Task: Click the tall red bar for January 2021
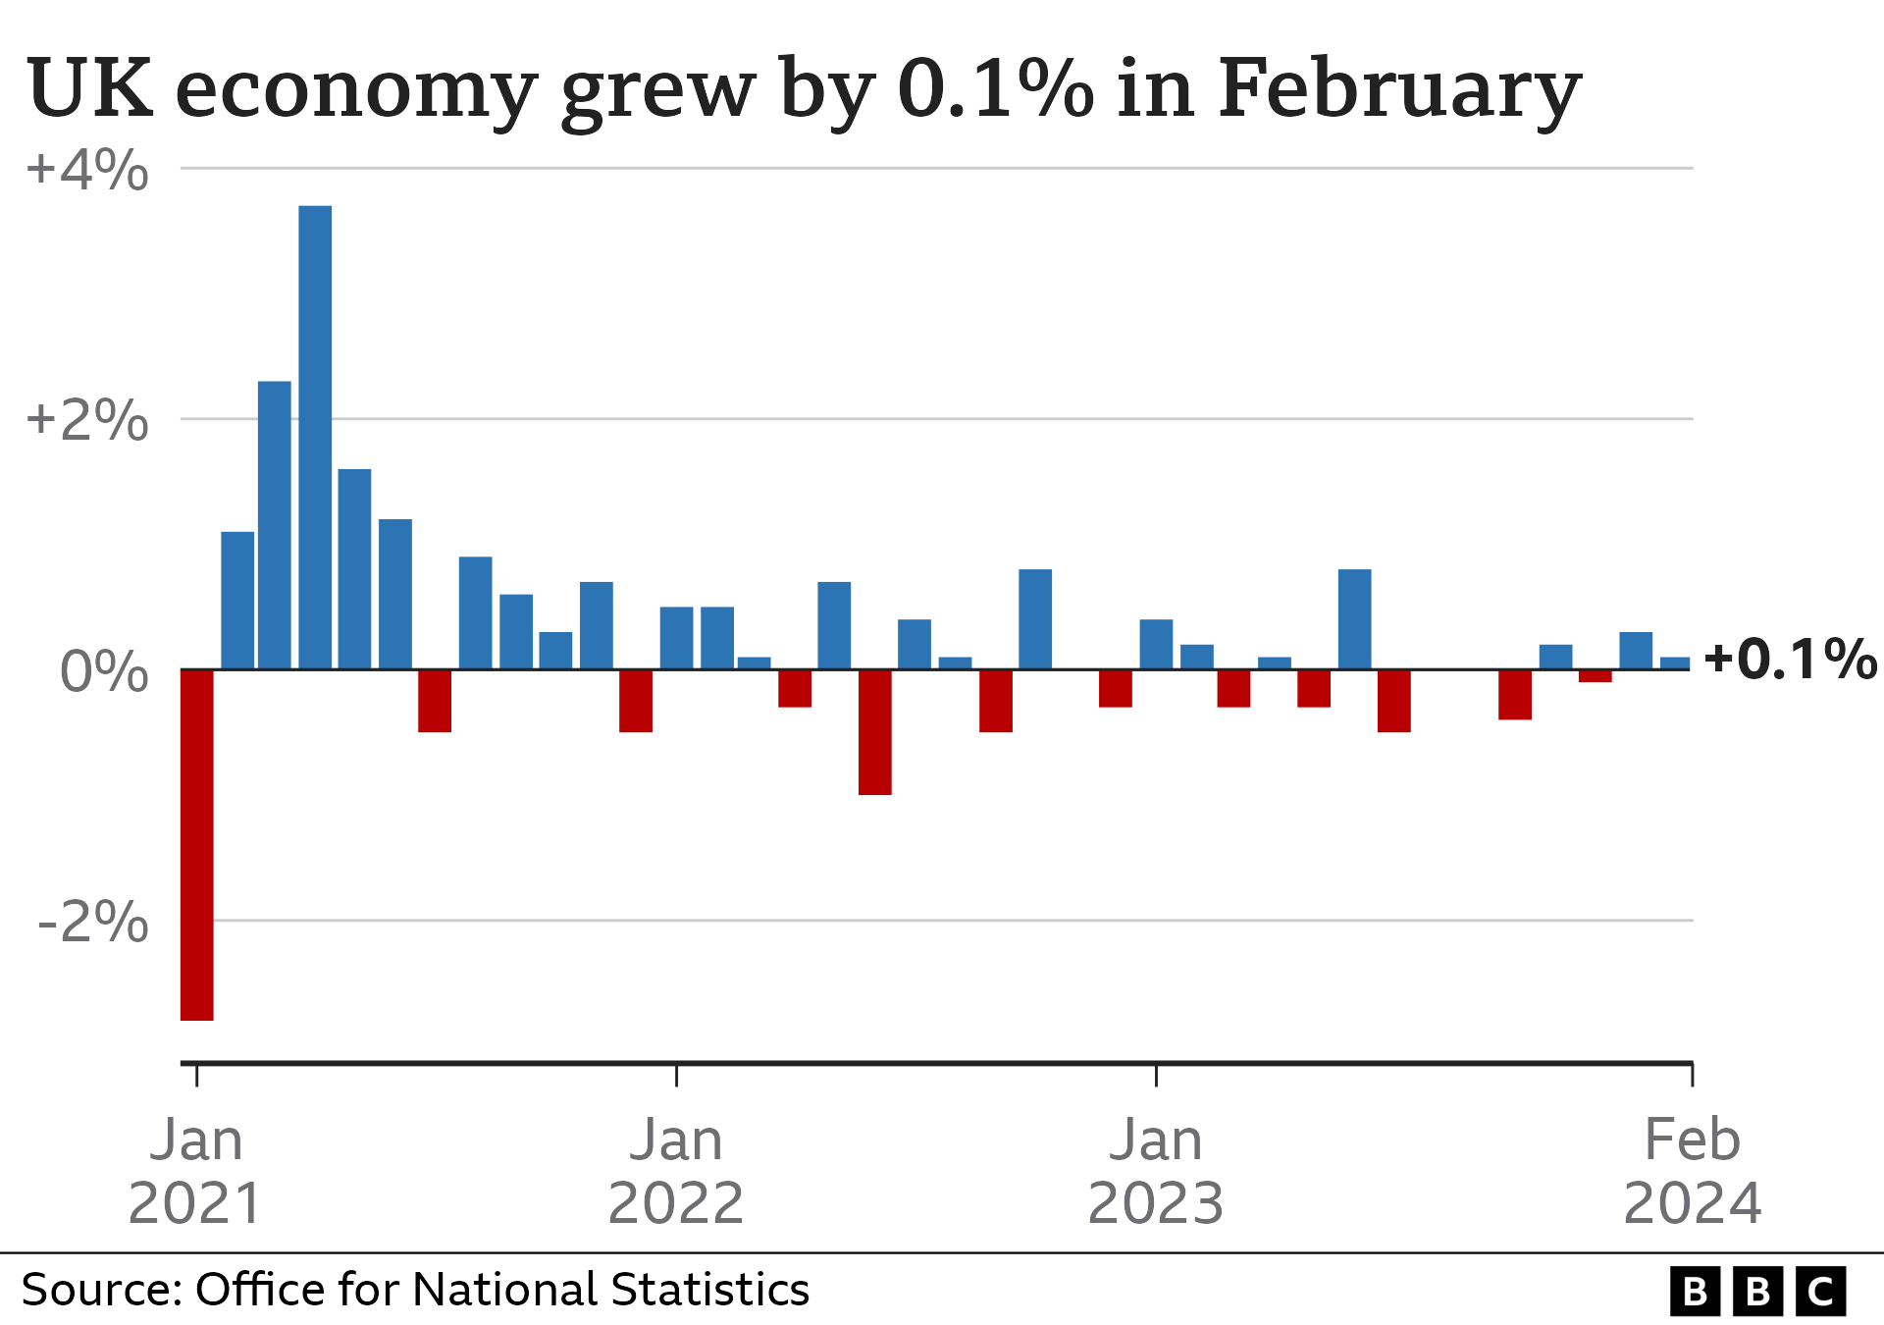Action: (197, 844)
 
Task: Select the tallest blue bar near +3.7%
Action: (315, 437)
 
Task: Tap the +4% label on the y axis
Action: (87, 170)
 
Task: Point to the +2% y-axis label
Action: (87, 421)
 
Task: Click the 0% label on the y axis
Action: (104, 672)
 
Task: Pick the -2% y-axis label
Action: (92, 923)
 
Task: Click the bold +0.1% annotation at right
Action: (1790, 659)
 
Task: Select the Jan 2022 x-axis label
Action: (676, 1171)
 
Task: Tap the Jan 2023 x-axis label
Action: (1156, 1171)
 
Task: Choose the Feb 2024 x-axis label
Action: (1692, 1171)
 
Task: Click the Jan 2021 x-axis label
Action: (196, 1171)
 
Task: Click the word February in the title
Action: (1398, 90)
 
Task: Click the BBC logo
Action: (1756, 1291)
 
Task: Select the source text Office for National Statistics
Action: (501, 1290)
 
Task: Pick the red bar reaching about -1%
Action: (875, 731)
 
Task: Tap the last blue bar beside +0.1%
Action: (1675, 663)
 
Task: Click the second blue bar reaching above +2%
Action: (275, 525)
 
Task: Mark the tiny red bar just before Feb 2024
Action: (1596, 675)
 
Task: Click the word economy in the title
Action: (355, 90)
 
